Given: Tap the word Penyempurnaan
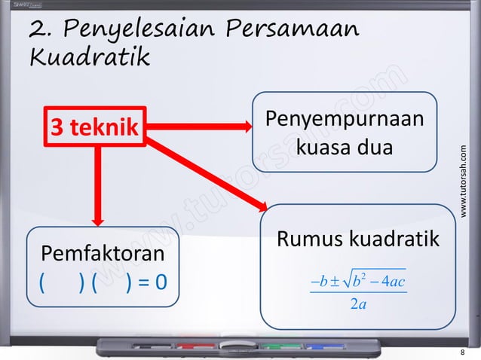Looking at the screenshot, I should (x=344, y=121).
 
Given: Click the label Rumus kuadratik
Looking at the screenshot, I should (x=358, y=239).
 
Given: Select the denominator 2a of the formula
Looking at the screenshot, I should (x=358, y=304).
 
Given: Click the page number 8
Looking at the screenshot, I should (x=462, y=352).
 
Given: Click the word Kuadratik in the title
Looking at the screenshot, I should (x=89, y=56).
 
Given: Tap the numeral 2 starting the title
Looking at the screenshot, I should (x=38, y=30).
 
